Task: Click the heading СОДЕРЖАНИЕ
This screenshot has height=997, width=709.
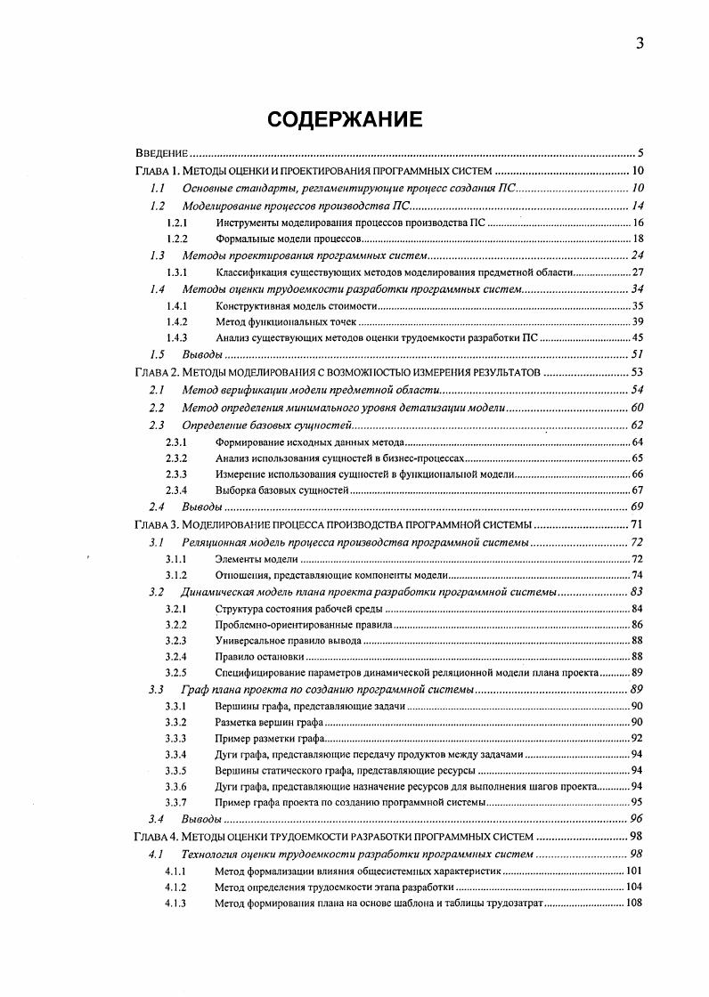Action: point(354,119)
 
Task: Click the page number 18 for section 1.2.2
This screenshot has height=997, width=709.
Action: point(638,239)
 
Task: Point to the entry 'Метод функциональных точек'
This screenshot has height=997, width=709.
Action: point(286,321)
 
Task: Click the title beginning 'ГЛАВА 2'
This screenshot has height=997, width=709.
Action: point(337,372)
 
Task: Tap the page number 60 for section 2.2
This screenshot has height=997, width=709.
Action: point(637,408)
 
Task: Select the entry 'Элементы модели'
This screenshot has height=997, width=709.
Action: point(257,559)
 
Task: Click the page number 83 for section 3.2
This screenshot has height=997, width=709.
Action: point(637,592)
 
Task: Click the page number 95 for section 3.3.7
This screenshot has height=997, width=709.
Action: point(638,803)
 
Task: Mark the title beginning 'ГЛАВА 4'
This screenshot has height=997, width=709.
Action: point(334,837)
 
